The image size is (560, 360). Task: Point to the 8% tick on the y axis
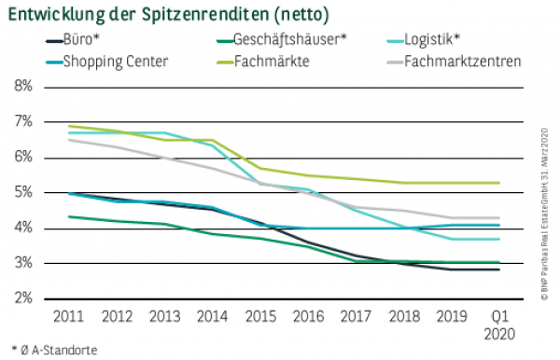(21, 87)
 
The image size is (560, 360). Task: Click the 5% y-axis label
(21, 193)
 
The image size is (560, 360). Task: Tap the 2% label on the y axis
(21, 298)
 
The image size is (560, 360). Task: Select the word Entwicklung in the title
(57, 15)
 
